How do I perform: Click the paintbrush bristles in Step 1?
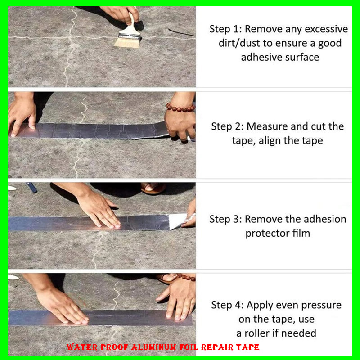click(x=127, y=43)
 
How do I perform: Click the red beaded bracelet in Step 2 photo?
click(x=180, y=108)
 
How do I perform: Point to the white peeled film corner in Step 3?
click(x=178, y=221)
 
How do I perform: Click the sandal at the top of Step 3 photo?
click(x=153, y=188)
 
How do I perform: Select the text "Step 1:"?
click(x=225, y=29)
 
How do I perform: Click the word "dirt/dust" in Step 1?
click(x=239, y=43)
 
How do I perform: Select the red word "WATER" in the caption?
click(x=82, y=347)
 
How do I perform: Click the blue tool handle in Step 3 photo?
click(x=31, y=188)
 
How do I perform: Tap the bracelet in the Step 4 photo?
click(x=185, y=277)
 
